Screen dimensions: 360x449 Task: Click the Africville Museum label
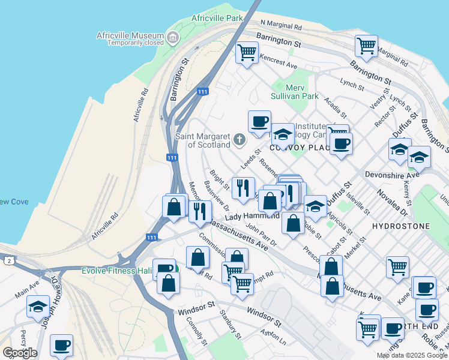click(130, 35)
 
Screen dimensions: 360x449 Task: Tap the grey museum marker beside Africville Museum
click(173, 39)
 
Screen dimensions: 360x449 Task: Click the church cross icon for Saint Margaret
click(239, 140)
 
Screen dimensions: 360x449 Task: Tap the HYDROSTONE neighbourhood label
click(400, 226)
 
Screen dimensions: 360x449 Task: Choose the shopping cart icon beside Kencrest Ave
click(246, 52)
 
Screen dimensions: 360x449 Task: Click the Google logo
click(20, 353)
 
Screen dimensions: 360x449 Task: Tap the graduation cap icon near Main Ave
click(38, 306)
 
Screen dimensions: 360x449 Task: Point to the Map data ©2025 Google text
click(411, 355)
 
